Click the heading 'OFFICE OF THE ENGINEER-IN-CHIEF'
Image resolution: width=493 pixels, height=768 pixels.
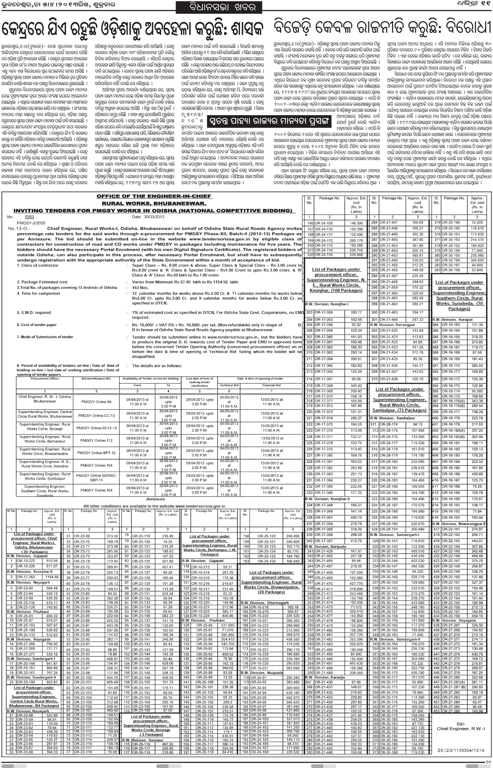[154, 196]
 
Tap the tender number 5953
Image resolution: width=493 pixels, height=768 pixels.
[29, 217]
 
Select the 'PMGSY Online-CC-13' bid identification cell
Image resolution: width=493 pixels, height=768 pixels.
[96, 416]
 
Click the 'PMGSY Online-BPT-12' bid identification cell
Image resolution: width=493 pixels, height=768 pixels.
[96, 453]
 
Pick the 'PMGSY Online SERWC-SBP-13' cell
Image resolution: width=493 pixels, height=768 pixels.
[96, 478]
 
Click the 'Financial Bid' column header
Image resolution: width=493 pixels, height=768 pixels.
[271, 385]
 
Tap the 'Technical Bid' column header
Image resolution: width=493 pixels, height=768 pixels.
[229, 385]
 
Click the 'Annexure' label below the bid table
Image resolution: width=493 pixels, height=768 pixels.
[155, 499]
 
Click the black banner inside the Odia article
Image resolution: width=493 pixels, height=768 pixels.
[269, 121]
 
